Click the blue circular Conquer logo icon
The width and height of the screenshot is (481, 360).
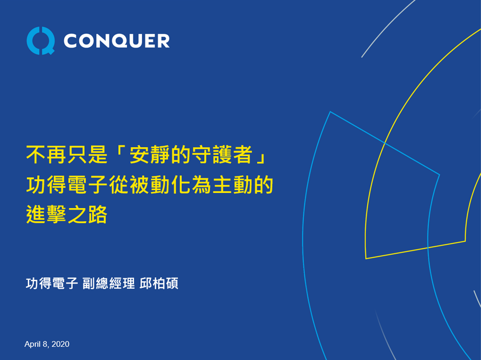coord(40,41)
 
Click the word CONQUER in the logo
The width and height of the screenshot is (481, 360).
coord(116,41)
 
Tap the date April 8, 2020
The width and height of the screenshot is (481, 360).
coord(47,344)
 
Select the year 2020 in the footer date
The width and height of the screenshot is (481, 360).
coord(60,344)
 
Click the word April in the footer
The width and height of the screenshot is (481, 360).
coord(32,344)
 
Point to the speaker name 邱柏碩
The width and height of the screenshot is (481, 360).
coord(159,284)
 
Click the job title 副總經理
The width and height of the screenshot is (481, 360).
coord(108,284)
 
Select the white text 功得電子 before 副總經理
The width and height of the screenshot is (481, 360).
coord(52,284)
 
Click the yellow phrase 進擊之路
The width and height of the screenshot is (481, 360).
coord(67,214)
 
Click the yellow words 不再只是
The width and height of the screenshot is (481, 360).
coord(67,155)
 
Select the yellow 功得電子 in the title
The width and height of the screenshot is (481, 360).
coord(67,185)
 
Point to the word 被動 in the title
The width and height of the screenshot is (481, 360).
coord(149,185)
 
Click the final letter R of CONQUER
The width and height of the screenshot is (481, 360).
coord(163,41)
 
